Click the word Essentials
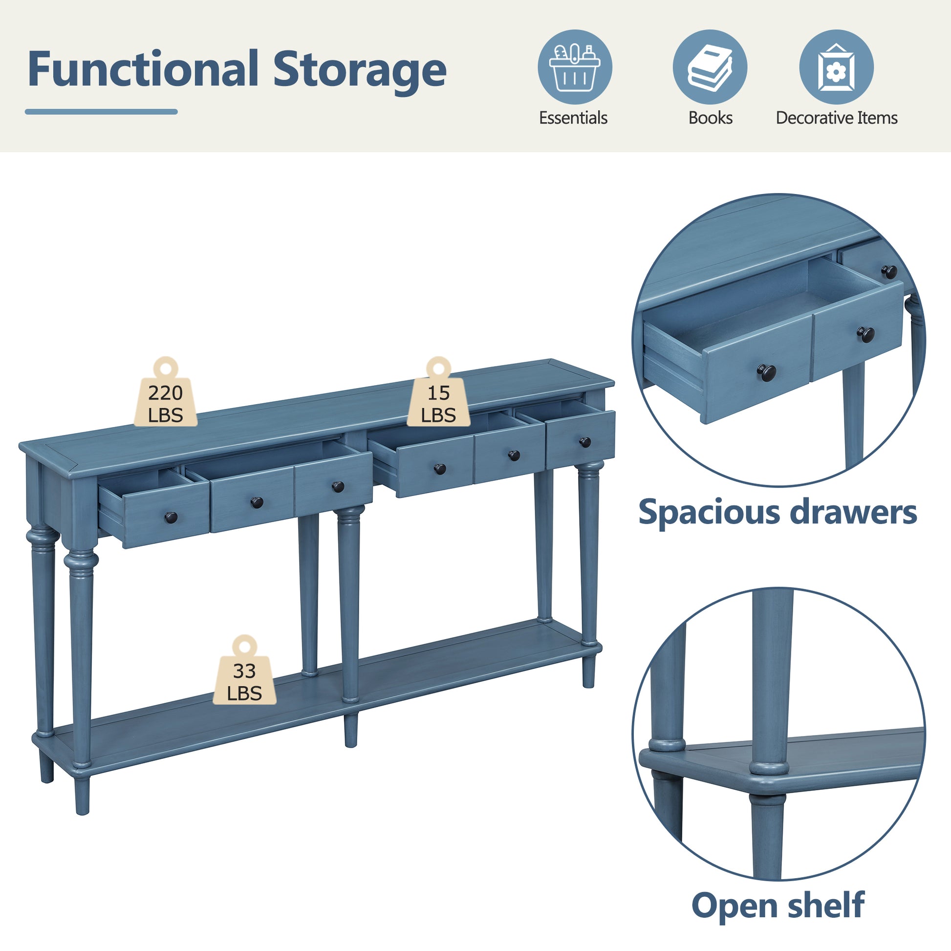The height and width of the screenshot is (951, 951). click(x=573, y=118)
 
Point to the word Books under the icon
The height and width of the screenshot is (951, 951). click(x=710, y=118)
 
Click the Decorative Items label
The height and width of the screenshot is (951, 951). click(x=836, y=118)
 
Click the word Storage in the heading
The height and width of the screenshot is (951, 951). click(x=360, y=72)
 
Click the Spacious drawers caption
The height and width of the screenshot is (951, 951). click(x=778, y=513)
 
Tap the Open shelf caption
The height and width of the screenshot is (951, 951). click(x=778, y=906)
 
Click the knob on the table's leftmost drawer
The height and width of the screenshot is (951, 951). click(x=171, y=518)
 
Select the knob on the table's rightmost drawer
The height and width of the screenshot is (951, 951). click(x=585, y=442)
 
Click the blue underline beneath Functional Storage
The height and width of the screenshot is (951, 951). click(x=101, y=112)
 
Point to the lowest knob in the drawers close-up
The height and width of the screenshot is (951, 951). click(x=766, y=371)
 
